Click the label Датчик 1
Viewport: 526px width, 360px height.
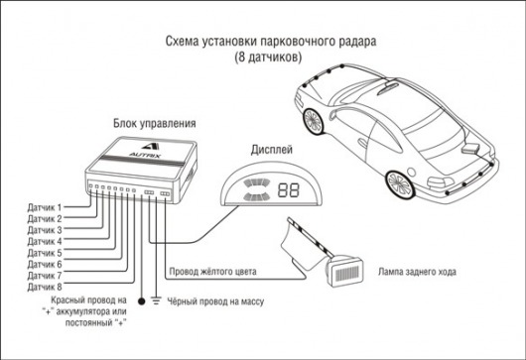point(45,207)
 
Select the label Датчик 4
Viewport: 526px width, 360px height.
point(45,241)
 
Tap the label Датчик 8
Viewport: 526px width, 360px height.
point(45,287)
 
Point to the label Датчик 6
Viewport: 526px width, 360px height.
point(45,264)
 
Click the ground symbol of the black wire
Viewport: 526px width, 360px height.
point(156,300)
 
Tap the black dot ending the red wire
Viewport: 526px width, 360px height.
point(142,301)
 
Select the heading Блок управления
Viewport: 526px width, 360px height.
point(154,123)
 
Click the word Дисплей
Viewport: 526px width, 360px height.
point(272,150)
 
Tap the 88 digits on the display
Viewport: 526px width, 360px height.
point(288,190)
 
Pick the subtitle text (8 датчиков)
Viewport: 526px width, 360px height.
point(268,57)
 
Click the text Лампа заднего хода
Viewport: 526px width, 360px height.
point(417,272)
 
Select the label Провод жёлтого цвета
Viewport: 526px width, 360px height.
point(212,271)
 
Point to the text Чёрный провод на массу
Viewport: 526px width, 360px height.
point(215,301)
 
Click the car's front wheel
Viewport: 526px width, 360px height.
point(314,121)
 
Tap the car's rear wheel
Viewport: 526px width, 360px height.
point(400,184)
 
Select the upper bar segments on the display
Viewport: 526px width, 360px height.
point(257,183)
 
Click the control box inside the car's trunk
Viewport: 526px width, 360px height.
point(471,148)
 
